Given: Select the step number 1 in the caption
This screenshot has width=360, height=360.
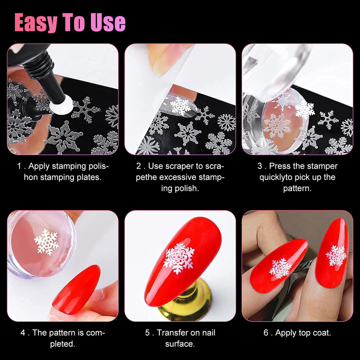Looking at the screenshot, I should click(19, 166).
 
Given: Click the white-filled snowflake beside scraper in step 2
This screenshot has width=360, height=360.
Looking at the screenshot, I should click(180, 106).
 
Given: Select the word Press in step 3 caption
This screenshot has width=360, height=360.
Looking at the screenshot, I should click(280, 166).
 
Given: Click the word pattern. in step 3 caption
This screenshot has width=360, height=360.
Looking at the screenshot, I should click(297, 188).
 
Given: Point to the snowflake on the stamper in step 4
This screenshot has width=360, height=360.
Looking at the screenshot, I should click(46, 242).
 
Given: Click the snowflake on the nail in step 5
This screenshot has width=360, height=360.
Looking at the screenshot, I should click(179, 258).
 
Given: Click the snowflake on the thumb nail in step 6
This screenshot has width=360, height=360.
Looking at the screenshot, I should click(281, 268).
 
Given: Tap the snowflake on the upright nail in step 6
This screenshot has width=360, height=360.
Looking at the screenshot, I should click(336, 255).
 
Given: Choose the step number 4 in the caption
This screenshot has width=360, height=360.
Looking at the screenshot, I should click(23, 333).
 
